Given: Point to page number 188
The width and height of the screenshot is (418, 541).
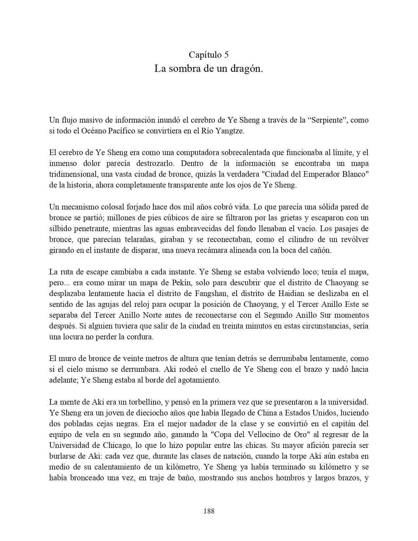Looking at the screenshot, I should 209,511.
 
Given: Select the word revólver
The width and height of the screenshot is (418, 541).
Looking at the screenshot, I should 354,239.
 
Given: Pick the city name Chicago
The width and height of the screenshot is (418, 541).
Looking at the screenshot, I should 126,445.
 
